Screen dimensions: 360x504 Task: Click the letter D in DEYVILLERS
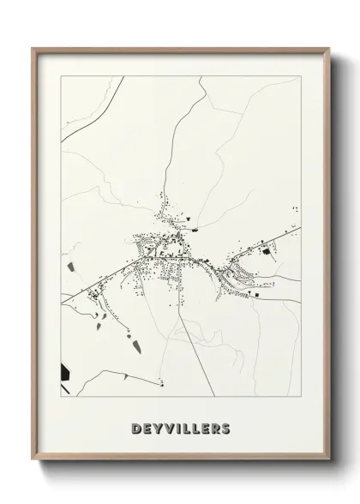[x=136, y=428]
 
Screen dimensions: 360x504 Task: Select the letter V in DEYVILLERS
[x=168, y=428]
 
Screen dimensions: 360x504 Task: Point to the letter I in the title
[x=177, y=428]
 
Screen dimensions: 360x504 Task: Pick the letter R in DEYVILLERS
[x=214, y=428]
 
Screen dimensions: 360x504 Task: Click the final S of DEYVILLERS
[x=225, y=428]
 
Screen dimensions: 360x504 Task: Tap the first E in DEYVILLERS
[x=147, y=428]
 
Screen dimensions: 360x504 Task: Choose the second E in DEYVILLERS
[x=204, y=428]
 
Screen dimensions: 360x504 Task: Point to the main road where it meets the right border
[x=298, y=227]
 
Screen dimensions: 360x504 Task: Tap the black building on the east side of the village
[x=265, y=251]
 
